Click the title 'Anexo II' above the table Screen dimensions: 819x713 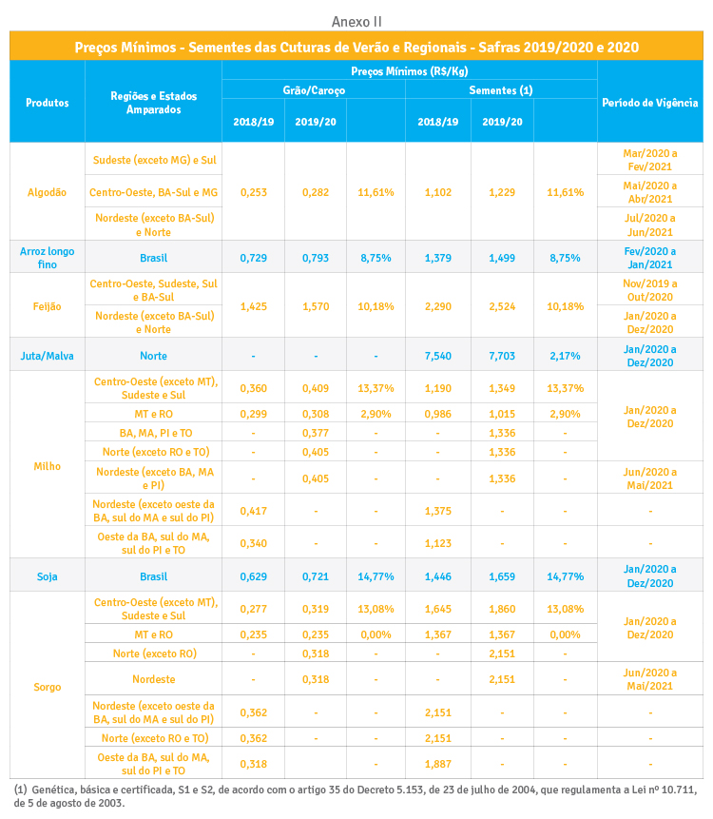click(356, 21)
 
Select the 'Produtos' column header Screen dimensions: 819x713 click(47, 103)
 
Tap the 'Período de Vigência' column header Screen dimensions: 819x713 click(649, 103)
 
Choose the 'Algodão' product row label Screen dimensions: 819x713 click(47, 192)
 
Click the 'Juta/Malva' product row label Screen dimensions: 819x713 click(47, 356)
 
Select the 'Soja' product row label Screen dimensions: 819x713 click(47, 576)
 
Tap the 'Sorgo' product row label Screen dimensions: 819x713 click(47, 685)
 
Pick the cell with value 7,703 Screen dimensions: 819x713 click(501, 356)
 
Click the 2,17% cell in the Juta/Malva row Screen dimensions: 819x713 click(565, 356)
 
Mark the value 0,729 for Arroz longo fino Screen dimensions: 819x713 click(253, 258)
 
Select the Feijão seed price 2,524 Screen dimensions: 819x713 click(501, 306)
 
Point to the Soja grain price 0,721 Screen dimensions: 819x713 click(315, 576)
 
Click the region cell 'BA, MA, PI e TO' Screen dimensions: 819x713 click(153, 432)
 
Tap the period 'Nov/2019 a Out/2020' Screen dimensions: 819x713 click(649, 290)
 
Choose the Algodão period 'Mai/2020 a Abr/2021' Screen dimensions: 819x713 click(649, 192)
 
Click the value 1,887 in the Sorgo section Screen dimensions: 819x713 click(437, 763)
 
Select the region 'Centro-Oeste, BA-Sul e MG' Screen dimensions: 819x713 click(153, 192)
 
